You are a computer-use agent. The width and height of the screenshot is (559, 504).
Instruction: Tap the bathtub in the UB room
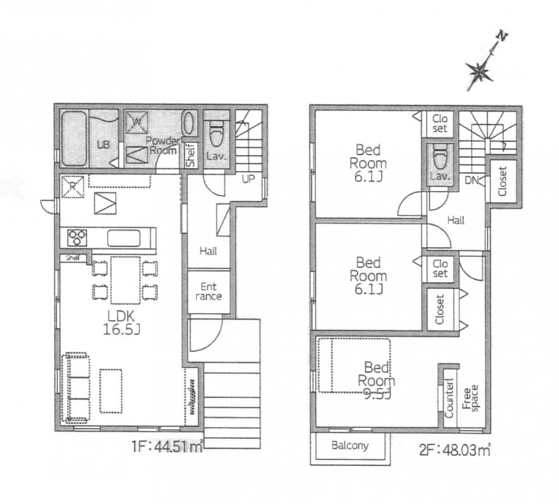(x=74, y=139)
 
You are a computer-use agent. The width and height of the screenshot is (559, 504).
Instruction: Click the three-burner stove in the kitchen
(x=77, y=237)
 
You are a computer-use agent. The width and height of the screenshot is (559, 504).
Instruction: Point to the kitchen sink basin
(x=124, y=238)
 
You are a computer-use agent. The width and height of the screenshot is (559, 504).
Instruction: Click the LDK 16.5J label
(x=121, y=323)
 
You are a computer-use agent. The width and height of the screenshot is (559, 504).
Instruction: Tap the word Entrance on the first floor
(x=208, y=291)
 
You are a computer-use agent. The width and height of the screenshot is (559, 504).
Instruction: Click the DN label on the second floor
(x=472, y=180)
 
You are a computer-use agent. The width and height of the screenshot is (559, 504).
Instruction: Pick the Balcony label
(x=350, y=445)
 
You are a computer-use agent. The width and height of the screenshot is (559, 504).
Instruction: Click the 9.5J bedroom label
(x=376, y=381)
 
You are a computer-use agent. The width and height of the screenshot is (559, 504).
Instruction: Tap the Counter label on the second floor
(x=449, y=398)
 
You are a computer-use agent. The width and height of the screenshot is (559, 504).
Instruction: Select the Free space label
(x=471, y=399)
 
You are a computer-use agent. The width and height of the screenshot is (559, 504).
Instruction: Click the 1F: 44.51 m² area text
(x=167, y=446)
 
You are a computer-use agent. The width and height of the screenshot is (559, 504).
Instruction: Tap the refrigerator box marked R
(x=72, y=186)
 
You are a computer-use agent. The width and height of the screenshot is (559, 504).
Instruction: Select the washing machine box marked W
(x=137, y=121)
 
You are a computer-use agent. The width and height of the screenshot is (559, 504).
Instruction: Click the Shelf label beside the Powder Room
(x=191, y=155)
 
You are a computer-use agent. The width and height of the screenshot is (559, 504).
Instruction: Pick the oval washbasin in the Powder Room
(x=189, y=123)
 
